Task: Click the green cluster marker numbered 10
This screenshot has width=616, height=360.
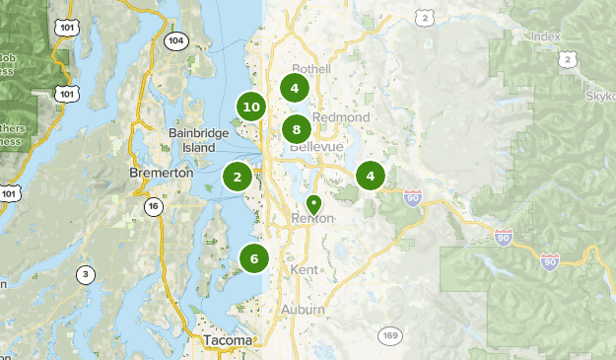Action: point(250,108)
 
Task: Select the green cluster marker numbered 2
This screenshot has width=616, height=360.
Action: point(238,178)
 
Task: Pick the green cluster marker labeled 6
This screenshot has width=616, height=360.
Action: point(254,259)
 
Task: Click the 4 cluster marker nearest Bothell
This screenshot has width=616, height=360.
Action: point(294,88)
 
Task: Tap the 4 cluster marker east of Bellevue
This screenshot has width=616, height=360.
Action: point(371,178)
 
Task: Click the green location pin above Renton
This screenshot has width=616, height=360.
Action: point(313,204)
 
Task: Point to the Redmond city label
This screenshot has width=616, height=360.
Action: point(341,117)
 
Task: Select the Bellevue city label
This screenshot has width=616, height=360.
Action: point(316,147)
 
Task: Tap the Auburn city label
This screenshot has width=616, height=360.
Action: point(302,310)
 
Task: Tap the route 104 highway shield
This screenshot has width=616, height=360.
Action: point(175,40)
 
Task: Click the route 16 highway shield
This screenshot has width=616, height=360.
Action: point(153,206)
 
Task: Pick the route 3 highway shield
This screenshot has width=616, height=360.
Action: point(87,274)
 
